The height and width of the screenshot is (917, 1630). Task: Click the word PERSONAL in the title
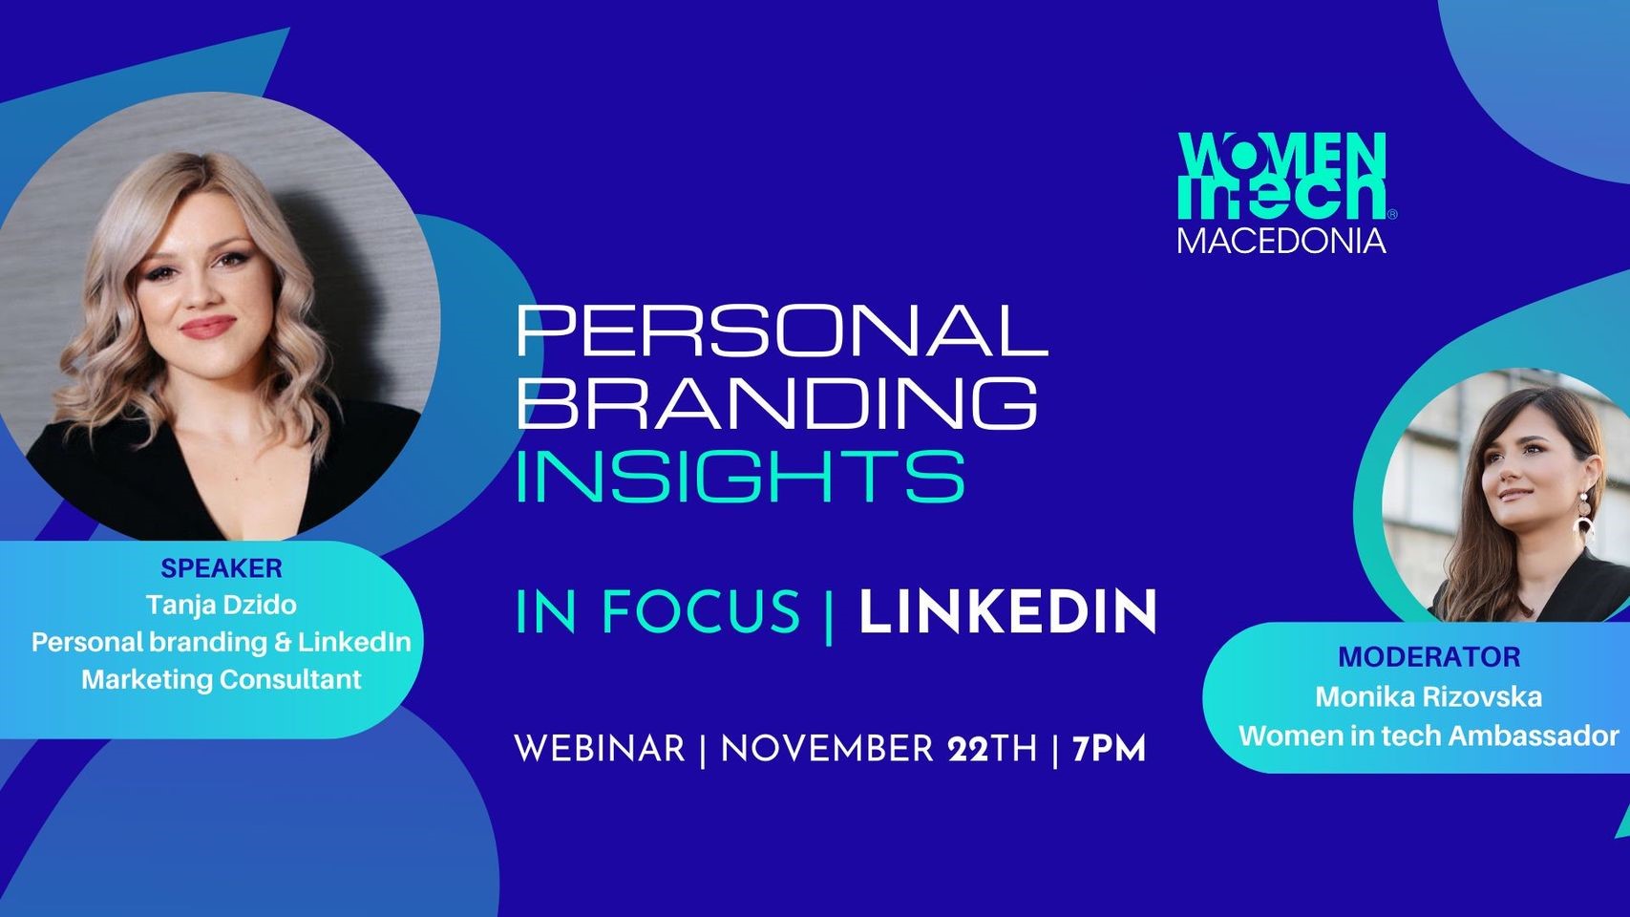coord(781,331)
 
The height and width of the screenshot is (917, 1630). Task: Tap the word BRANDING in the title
coord(776,402)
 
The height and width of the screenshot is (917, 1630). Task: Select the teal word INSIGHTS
coord(740,476)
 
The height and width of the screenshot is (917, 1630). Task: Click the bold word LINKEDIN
coord(1007,612)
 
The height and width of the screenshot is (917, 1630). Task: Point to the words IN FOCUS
coord(658,612)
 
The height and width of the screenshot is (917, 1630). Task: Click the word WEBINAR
coord(600,749)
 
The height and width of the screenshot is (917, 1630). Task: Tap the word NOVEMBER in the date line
coord(827,749)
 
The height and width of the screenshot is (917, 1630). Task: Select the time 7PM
coord(1109,749)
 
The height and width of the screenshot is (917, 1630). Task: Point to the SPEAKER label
coord(222,568)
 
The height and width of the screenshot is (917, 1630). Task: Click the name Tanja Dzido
coord(222,605)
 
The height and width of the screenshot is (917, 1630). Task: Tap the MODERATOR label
coord(1429,657)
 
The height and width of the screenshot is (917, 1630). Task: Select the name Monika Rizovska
coord(1429,696)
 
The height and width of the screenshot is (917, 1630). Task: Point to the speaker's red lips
coord(206,328)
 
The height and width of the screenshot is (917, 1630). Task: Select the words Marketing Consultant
coord(222,679)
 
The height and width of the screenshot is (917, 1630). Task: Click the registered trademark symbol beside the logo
coord(1392,215)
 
